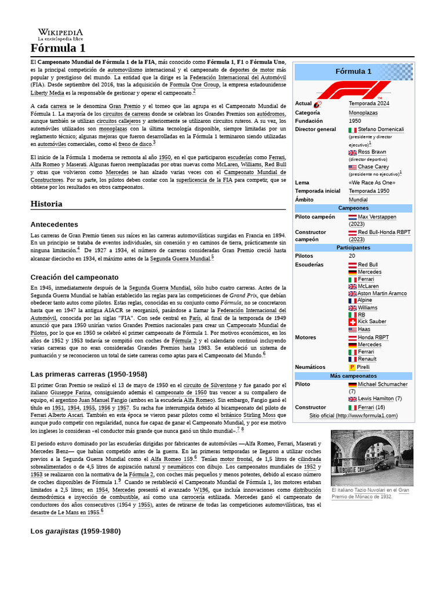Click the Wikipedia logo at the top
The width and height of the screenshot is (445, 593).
[x=60, y=34]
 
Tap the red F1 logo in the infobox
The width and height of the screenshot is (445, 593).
[x=353, y=90]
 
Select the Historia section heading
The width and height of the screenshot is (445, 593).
[x=46, y=204]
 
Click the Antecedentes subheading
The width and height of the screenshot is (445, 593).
[x=54, y=224]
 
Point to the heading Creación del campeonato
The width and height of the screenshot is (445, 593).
[x=74, y=277]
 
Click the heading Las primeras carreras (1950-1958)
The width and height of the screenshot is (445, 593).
[x=89, y=374]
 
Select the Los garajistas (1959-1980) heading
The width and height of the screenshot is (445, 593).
[x=75, y=531]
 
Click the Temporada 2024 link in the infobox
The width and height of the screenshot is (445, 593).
[x=369, y=104]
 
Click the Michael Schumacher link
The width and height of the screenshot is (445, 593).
[x=382, y=385]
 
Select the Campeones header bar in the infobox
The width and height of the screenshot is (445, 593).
[x=353, y=208]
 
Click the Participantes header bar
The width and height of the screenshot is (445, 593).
[x=353, y=247]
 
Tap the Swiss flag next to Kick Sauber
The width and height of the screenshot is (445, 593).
[x=352, y=321]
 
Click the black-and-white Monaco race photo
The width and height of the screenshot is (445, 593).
[x=371, y=457]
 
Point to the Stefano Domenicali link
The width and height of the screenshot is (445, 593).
[x=381, y=129]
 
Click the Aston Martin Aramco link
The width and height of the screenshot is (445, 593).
[x=382, y=294]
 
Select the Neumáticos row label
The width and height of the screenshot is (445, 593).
[x=310, y=367]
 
